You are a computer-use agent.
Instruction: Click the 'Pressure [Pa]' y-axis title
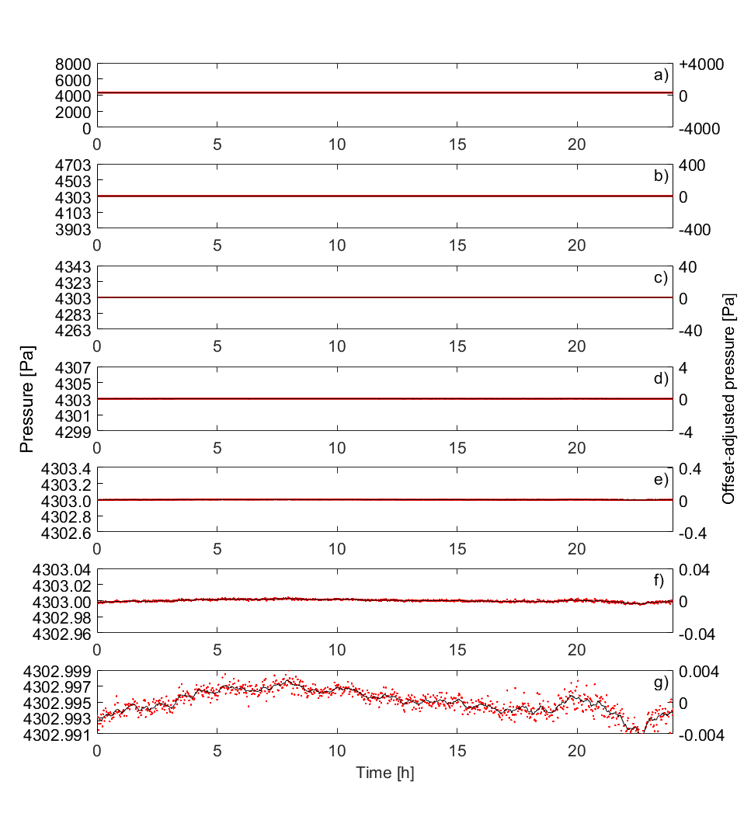(x=27, y=400)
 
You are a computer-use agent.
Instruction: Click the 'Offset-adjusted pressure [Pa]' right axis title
(x=728, y=398)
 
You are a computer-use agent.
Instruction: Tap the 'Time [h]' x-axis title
(x=384, y=773)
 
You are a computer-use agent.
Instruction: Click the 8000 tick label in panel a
(x=74, y=64)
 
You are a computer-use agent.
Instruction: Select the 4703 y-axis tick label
(x=74, y=165)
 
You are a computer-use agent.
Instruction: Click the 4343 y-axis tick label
(x=74, y=266)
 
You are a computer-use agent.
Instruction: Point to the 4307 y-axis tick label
(x=74, y=367)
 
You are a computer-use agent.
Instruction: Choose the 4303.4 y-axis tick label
(x=68, y=467)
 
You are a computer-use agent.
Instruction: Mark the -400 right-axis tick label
(x=696, y=229)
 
